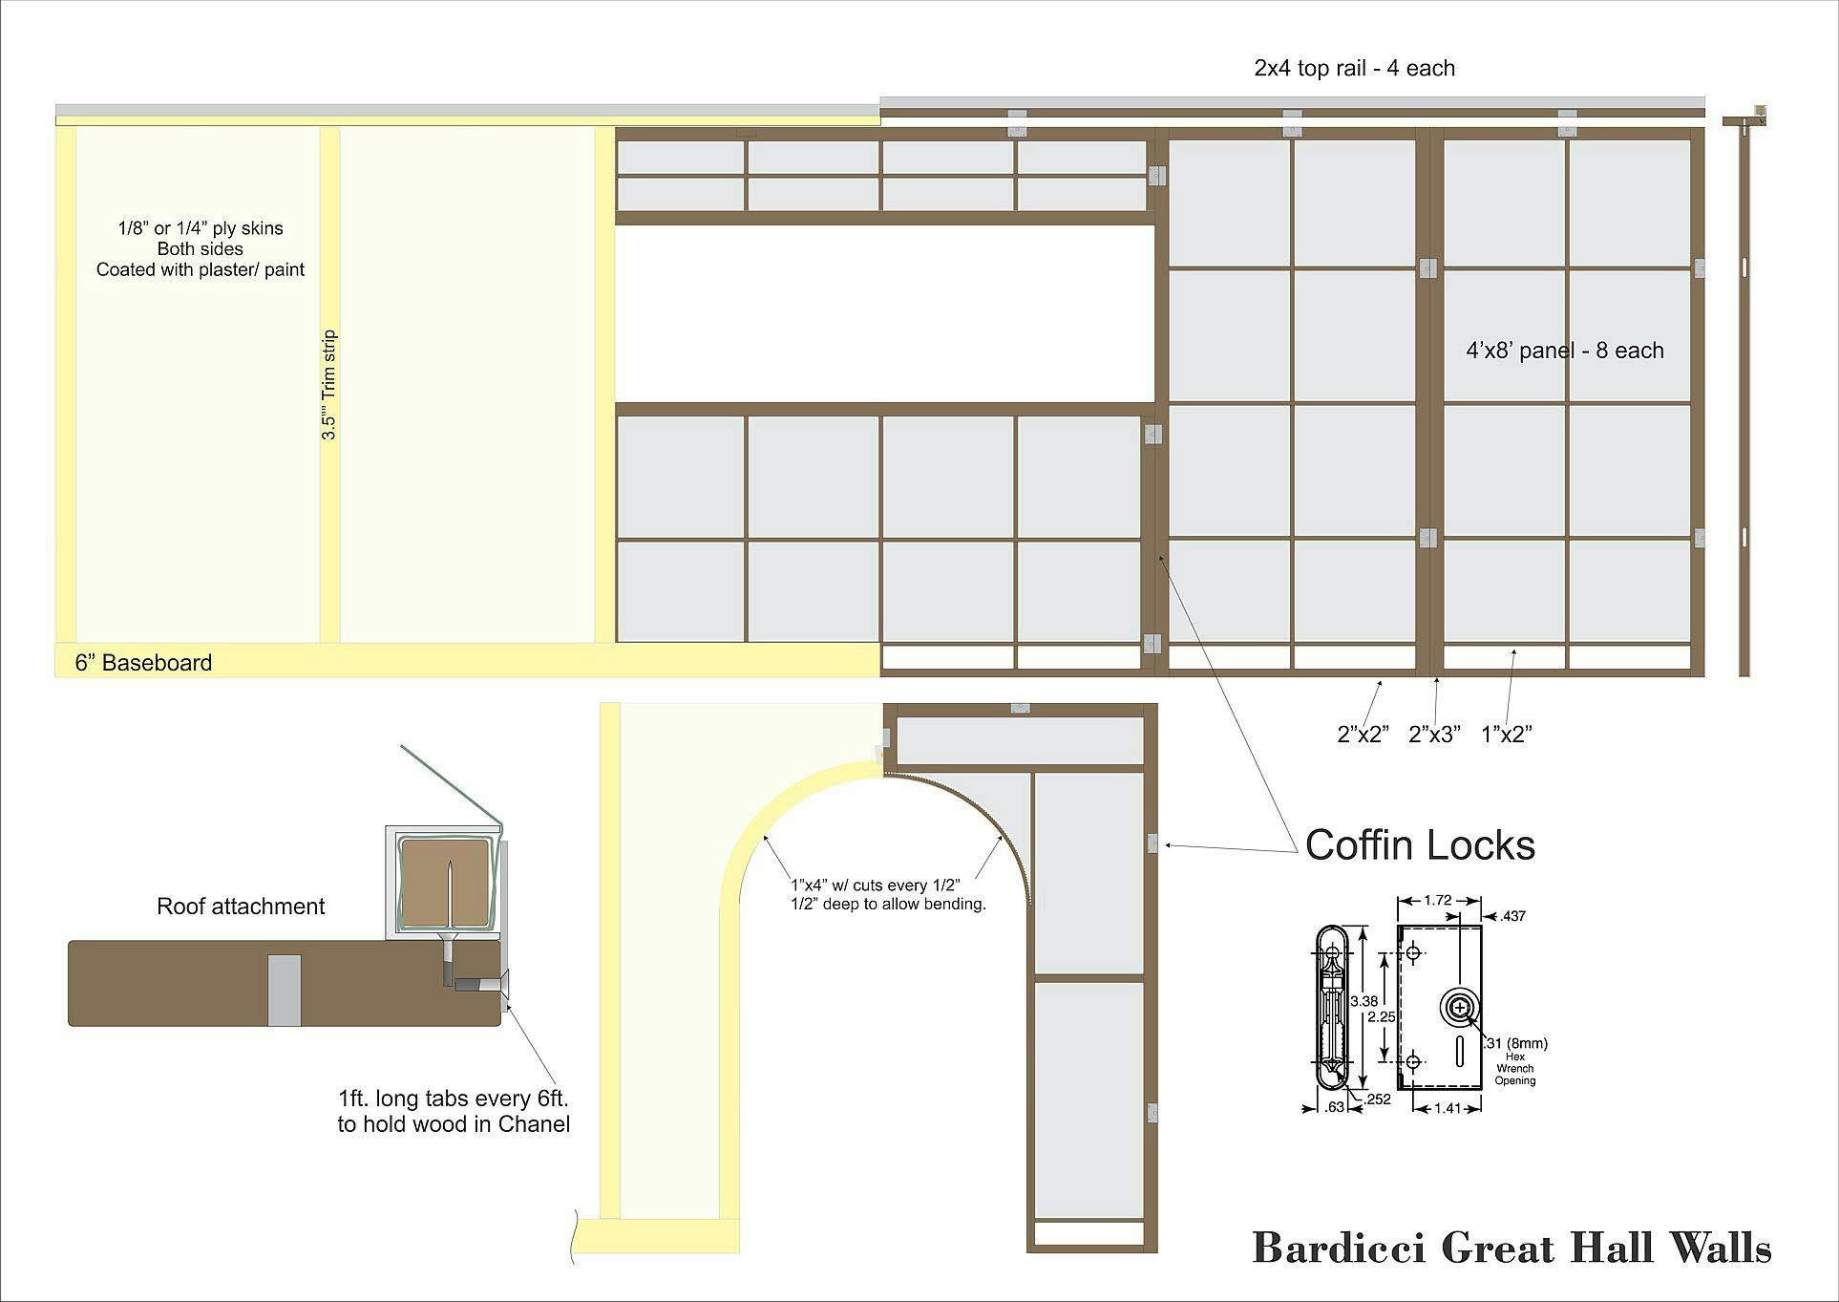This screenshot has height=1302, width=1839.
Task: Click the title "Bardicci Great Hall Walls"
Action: [x=1511, y=1248]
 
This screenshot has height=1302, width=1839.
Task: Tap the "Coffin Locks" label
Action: [x=1420, y=845]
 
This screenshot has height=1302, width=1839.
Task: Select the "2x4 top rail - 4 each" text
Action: [x=1354, y=68]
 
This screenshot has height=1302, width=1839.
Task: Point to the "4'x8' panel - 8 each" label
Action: [x=1565, y=351]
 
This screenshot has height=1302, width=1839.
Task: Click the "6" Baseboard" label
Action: [x=144, y=663]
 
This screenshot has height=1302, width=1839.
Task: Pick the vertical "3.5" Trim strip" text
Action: [x=328, y=385]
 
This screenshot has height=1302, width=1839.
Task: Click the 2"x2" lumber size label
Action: [x=1363, y=734]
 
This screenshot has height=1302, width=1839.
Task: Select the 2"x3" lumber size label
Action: [x=1435, y=734]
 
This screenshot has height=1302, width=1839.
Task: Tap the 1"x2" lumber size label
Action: [x=1507, y=734]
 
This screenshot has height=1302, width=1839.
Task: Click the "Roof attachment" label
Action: [x=241, y=907]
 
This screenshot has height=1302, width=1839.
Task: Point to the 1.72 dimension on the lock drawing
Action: [x=1437, y=900]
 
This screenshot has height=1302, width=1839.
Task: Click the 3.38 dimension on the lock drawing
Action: [x=1363, y=1001]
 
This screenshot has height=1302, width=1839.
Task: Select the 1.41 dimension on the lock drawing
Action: [x=1448, y=1109]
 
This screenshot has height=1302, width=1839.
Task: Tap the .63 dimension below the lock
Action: [x=1334, y=1108]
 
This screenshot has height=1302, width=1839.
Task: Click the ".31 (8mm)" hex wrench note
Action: [x=1516, y=1043]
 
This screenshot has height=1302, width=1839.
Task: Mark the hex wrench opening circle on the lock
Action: [x=1460, y=1008]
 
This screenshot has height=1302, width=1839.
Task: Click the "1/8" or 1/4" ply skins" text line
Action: [x=201, y=228]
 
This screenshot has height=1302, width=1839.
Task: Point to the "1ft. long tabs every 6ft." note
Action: [x=454, y=1099]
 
